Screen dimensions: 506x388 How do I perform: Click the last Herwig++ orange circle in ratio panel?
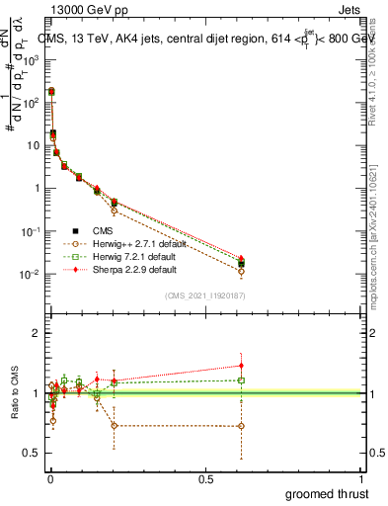[x=242, y=426]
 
